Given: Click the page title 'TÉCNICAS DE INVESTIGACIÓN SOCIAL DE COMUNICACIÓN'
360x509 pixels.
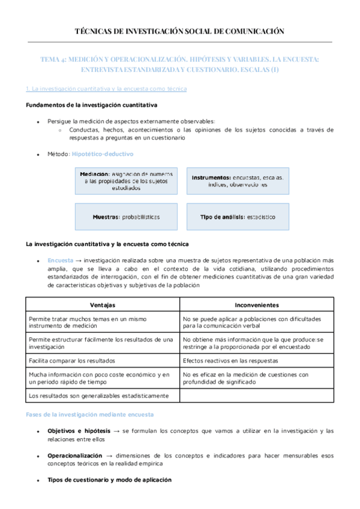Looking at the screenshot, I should click(x=179, y=31).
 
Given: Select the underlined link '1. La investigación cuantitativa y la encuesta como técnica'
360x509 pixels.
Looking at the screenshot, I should click(x=106, y=89).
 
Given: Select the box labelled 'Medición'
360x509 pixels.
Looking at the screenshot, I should click(x=126, y=181).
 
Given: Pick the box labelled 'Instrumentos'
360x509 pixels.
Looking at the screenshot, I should click(x=238, y=181).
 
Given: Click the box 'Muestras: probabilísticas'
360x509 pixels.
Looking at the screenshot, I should click(x=126, y=217).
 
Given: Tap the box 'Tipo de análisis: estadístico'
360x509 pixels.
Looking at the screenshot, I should click(x=238, y=217).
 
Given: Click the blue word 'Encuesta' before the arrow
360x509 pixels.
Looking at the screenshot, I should click(x=60, y=261).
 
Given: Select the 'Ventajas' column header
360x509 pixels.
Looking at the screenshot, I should click(x=103, y=304).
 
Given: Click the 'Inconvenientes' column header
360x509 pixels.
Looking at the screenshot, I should click(x=256, y=304).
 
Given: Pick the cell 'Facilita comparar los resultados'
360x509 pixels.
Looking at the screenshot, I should click(x=72, y=361).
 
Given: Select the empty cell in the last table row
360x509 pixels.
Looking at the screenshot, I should click(x=256, y=396).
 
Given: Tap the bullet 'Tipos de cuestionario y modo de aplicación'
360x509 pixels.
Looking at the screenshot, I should click(x=109, y=480).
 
